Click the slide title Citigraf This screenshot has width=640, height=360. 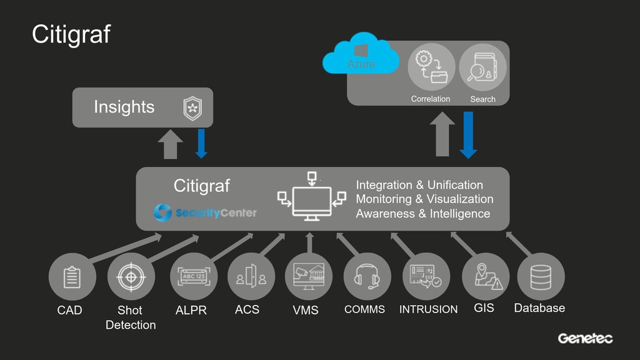click(71, 35)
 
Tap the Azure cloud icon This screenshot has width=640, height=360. click(361, 58)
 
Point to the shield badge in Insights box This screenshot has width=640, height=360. click(191, 108)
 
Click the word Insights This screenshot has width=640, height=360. click(124, 107)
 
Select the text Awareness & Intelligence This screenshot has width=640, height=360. click(422, 214)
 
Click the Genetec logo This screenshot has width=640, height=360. click(585, 339)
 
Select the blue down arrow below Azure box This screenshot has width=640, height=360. click(467, 135)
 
